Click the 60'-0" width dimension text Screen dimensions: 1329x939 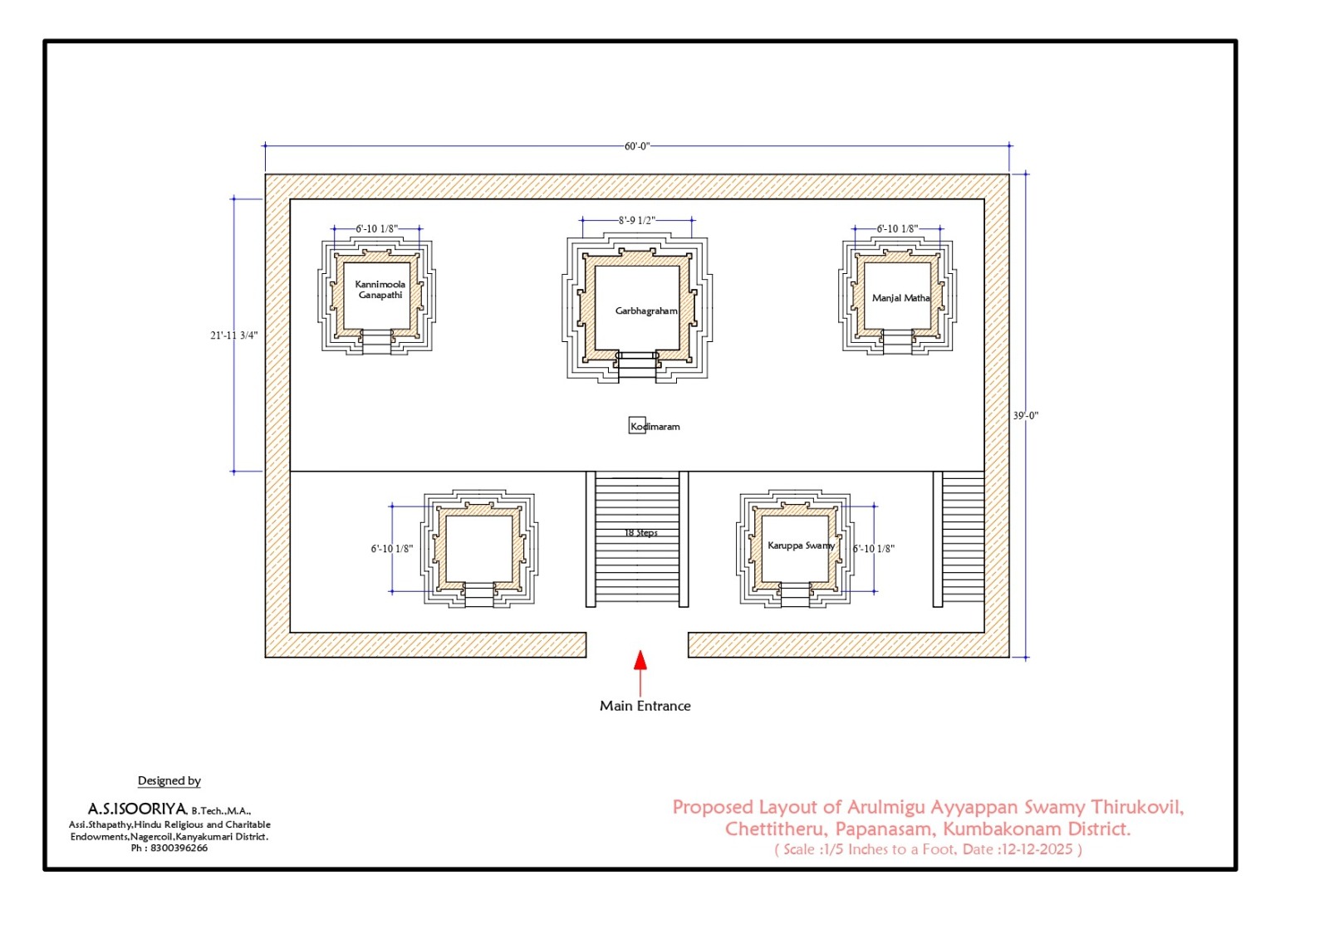coord(636,146)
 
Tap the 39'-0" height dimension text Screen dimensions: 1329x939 coord(1025,416)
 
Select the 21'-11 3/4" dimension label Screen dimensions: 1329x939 coord(233,335)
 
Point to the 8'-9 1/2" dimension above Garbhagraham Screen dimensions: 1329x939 coord(636,221)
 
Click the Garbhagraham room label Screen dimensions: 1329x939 coord(646,311)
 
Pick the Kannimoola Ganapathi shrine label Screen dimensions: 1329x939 coord(380,290)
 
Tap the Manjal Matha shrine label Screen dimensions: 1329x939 coord(900,298)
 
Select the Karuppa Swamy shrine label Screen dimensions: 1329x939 coord(801,545)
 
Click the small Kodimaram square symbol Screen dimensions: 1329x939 coord(636,425)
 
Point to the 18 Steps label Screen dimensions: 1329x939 coord(640,533)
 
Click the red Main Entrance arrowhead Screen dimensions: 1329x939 coord(640,660)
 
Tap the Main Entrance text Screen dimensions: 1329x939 coord(645,706)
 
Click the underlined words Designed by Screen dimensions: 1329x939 coord(169,780)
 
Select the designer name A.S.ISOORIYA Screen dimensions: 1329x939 coord(137,809)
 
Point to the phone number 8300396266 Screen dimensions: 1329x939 coord(179,849)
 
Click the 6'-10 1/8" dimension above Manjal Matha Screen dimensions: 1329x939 coord(897,228)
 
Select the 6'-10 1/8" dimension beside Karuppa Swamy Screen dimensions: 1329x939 coord(873,549)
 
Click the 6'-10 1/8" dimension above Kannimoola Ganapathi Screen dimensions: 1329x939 coord(377,228)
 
